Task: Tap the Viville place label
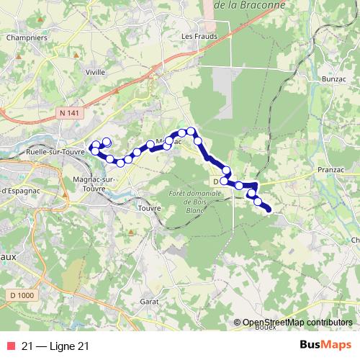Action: (96, 72)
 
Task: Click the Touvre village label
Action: (149, 209)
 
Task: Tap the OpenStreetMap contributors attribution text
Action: (298, 323)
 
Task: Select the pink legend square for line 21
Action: (11, 346)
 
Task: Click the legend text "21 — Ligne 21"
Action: (55, 346)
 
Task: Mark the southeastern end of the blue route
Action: (269, 210)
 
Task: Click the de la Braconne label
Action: (251, 4)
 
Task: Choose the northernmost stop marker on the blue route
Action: (192, 131)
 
